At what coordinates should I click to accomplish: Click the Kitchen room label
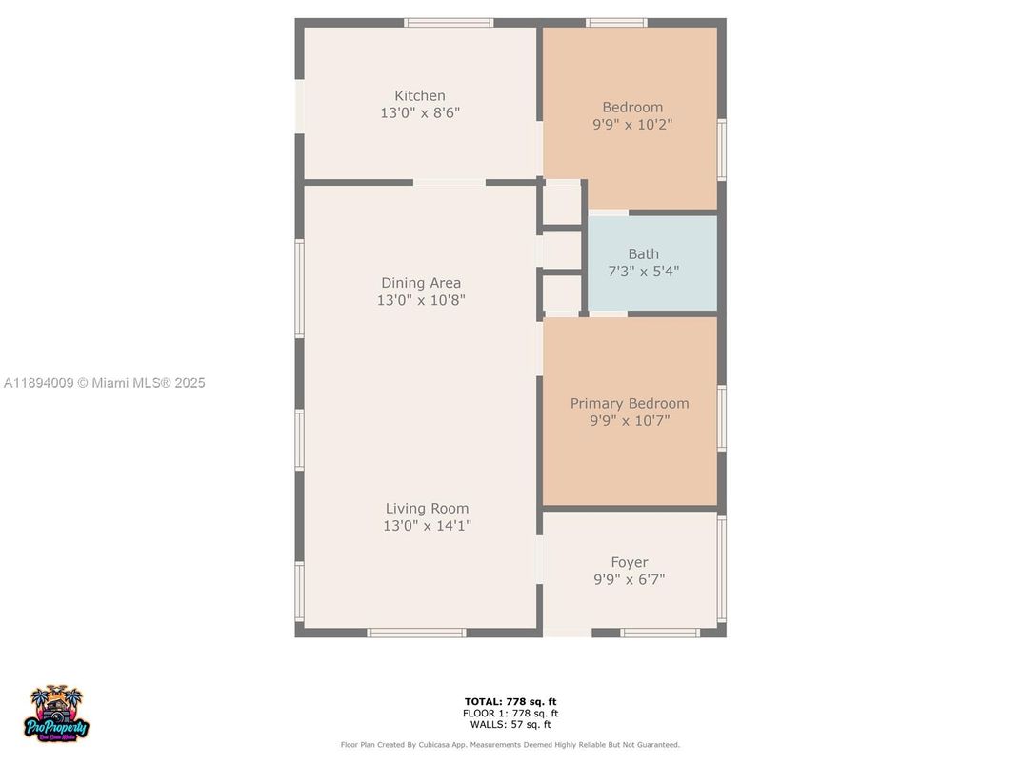pyautogui.click(x=420, y=95)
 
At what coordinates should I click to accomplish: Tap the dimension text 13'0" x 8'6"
pyautogui.click(x=420, y=112)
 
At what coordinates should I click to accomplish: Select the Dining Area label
pyautogui.click(x=421, y=283)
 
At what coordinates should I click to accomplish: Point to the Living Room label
pyautogui.click(x=427, y=509)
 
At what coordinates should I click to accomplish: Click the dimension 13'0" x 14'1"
pyautogui.click(x=427, y=526)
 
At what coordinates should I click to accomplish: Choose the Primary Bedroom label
pyautogui.click(x=630, y=404)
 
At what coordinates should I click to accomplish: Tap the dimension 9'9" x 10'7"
pyautogui.click(x=630, y=421)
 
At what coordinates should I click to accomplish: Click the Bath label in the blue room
pyautogui.click(x=643, y=254)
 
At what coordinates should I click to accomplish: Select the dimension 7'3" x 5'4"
pyautogui.click(x=643, y=272)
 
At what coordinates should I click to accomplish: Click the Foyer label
pyautogui.click(x=629, y=563)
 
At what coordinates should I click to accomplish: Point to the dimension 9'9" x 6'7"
pyautogui.click(x=629, y=579)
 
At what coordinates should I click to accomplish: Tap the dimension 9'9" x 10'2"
pyautogui.click(x=632, y=124)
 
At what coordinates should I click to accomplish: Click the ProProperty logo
pyautogui.click(x=57, y=715)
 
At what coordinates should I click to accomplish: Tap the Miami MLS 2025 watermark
pyautogui.click(x=105, y=383)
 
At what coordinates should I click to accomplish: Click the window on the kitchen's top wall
pyautogui.click(x=449, y=22)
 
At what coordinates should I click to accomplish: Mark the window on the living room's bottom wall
pyautogui.click(x=416, y=633)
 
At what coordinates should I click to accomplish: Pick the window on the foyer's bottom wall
pyautogui.click(x=659, y=633)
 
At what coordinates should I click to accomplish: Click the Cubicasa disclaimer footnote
pyautogui.click(x=510, y=745)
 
